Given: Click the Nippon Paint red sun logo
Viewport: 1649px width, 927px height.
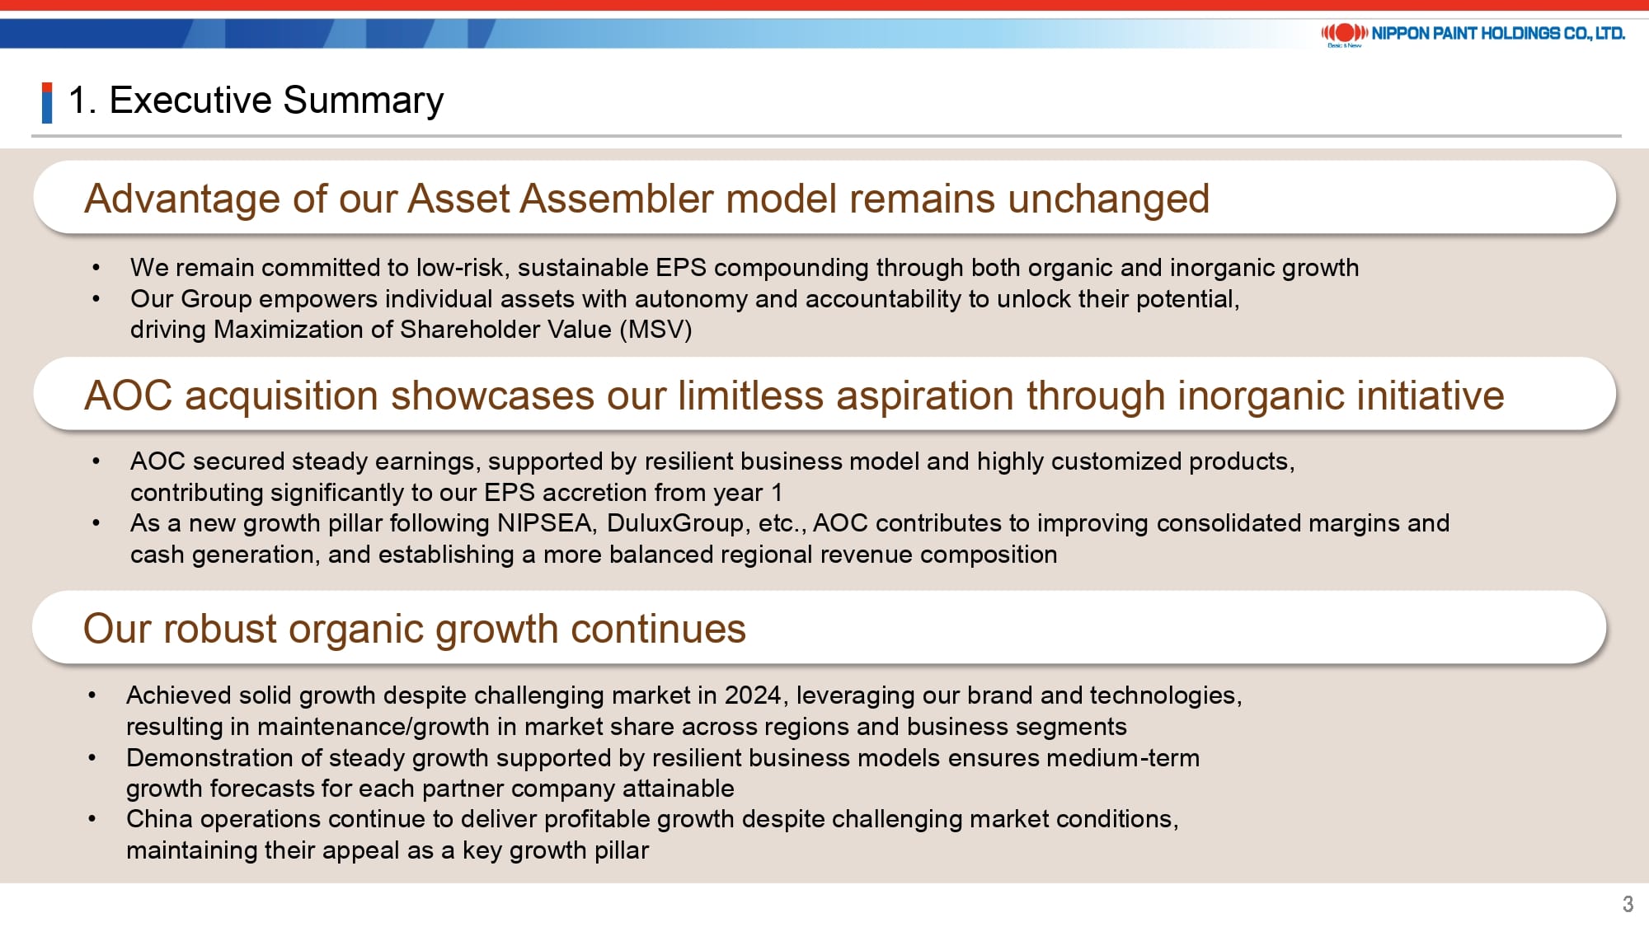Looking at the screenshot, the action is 1345,33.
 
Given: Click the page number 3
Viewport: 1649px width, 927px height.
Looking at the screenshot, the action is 1628,904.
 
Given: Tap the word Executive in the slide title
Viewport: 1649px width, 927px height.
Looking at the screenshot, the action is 190,101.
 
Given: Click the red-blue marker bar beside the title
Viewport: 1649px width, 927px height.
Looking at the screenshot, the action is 47,103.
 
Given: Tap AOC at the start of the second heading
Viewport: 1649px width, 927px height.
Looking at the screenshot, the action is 129,396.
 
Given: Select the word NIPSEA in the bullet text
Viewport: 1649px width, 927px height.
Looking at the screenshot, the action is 544,523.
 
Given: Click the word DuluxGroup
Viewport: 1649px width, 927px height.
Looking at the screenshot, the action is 675,523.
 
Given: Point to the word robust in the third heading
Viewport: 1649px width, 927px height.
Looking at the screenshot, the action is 219,629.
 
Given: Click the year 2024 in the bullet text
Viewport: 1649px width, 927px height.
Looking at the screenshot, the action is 752,695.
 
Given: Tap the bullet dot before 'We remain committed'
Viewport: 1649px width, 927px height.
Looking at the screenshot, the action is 96,268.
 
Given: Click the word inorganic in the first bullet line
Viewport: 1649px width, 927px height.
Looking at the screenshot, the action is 1224,269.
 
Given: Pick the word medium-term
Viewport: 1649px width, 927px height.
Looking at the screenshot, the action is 1123,758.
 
